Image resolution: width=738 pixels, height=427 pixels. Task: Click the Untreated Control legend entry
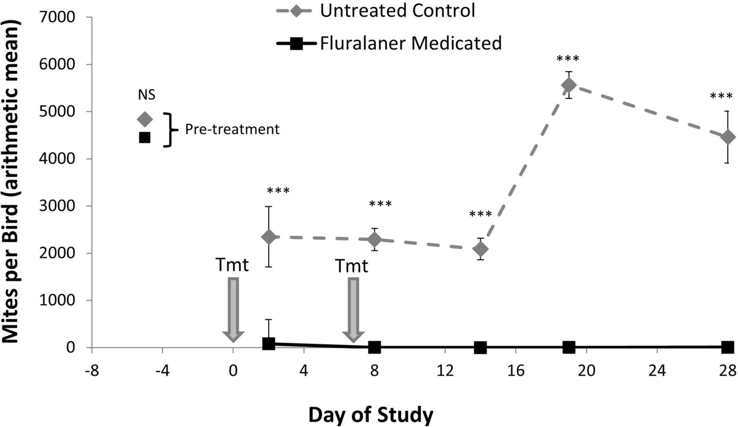[376, 11]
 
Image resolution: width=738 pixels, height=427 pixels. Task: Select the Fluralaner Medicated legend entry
[389, 43]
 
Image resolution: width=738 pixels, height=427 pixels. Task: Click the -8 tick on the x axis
[92, 371]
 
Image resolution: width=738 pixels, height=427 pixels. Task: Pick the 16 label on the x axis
[516, 371]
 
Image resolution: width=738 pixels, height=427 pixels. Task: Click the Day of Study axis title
[371, 414]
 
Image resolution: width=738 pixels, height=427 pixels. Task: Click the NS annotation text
[146, 95]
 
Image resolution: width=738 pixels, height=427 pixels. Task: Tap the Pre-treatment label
[232, 129]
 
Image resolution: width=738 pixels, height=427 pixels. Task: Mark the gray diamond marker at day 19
[569, 85]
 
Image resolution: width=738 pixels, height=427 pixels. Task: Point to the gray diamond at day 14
[480, 249]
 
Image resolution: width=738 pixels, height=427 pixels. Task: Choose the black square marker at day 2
[269, 343]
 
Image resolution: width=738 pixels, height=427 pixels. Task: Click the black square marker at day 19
[569, 347]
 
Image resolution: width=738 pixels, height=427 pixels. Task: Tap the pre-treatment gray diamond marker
[145, 119]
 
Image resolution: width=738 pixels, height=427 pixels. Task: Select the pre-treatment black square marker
[145, 138]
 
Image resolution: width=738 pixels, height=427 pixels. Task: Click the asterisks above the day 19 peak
[568, 59]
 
